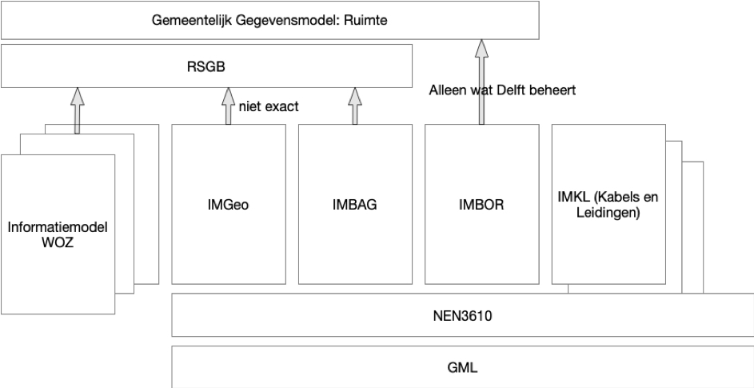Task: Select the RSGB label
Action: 206,67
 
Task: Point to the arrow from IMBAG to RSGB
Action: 353,107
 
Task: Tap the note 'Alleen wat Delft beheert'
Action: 501,90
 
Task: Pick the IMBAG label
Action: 353,204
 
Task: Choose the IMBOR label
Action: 481,204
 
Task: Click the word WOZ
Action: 57,242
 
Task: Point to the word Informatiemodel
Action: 57,228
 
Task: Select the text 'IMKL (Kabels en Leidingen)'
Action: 608,204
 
